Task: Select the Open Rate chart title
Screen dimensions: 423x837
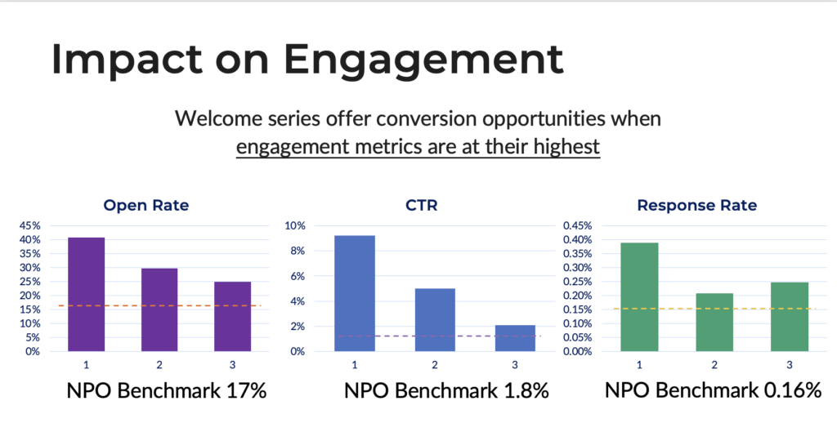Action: [145, 206]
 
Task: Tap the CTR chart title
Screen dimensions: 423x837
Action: [421, 206]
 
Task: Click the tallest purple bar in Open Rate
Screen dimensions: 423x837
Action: [86, 294]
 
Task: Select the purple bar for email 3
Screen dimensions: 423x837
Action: [232, 316]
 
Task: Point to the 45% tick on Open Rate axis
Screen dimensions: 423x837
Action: [29, 226]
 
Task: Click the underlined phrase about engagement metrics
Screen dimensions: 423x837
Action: [418, 148]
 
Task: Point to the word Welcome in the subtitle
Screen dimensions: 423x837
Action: [213, 119]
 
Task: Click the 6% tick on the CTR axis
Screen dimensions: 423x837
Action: [297, 277]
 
